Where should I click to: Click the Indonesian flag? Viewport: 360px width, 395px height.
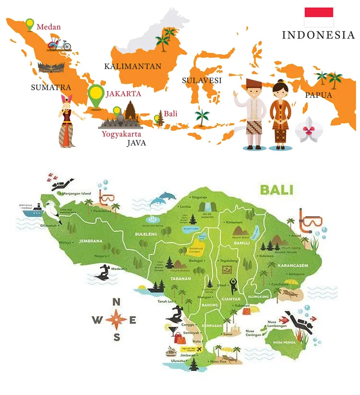(x=319, y=17)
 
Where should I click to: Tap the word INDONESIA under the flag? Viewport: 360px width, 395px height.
(x=318, y=35)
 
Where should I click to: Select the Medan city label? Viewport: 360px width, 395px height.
(x=48, y=27)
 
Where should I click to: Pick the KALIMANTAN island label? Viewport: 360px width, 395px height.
(x=133, y=66)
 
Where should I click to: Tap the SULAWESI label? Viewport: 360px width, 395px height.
(x=202, y=81)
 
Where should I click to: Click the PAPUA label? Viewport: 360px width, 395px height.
(x=318, y=95)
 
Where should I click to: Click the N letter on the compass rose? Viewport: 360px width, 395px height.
(x=116, y=302)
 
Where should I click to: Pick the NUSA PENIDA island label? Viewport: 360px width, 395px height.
(x=283, y=342)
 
